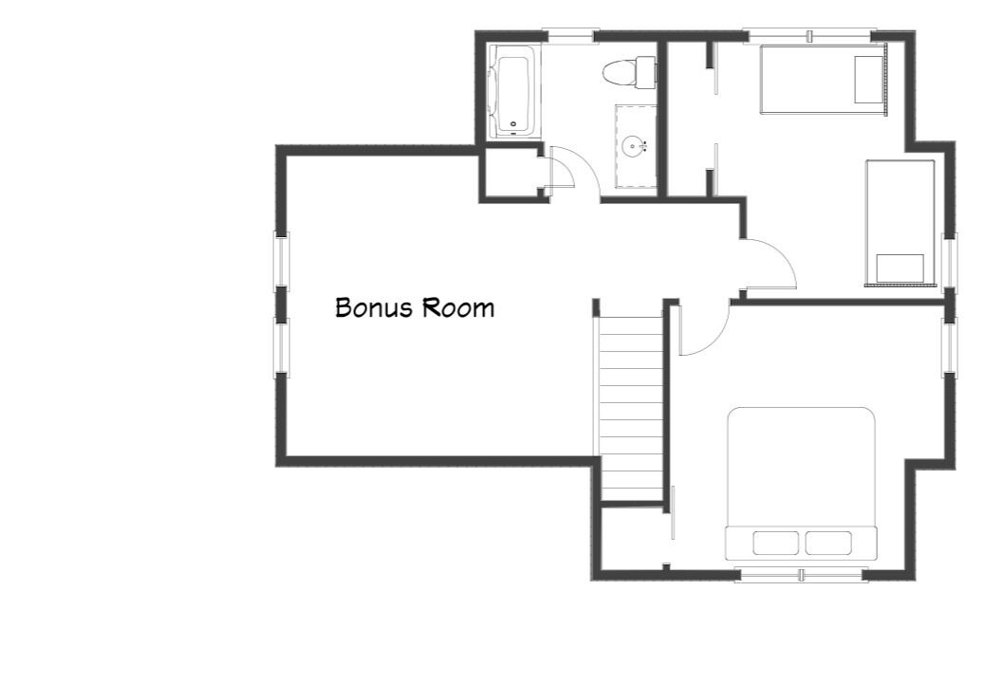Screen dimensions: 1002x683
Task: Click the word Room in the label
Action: click(x=457, y=308)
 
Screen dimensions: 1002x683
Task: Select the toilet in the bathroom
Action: click(x=629, y=71)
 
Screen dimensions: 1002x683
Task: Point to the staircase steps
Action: click(x=632, y=409)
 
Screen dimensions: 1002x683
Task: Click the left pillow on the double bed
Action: click(x=776, y=543)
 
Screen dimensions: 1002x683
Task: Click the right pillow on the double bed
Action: click(x=828, y=543)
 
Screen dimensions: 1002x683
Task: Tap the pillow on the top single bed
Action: click(x=868, y=80)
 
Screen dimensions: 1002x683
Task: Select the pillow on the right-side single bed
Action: click(x=900, y=268)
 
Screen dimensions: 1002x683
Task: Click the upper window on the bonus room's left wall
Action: click(x=281, y=261)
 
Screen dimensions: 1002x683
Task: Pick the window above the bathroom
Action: click(x=568, y=36)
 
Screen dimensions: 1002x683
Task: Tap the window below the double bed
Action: click(x=802, y=576)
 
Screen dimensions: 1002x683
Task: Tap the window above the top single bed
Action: click(x=810, y=36)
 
